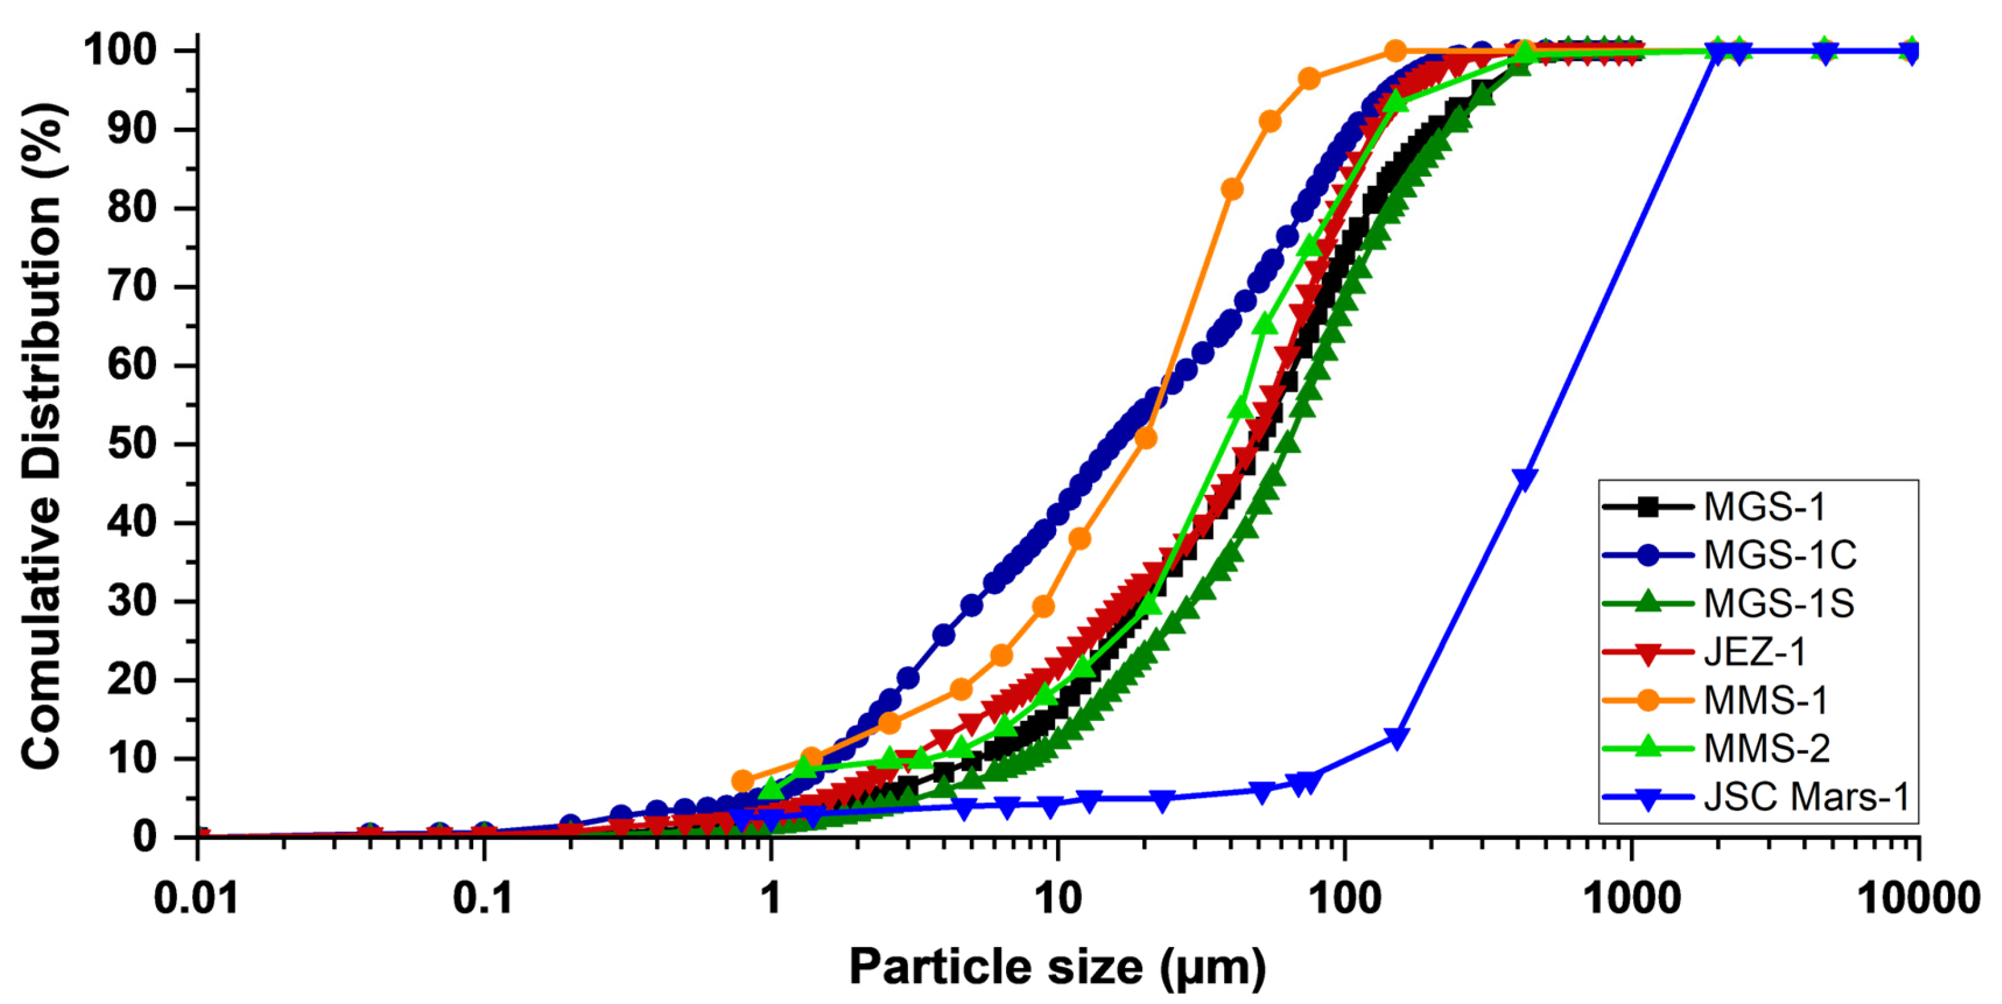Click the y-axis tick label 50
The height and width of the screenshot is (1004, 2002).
132,445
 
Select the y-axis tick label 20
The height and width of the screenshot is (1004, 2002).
132,680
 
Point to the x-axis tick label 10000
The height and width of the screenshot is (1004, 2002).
1918,900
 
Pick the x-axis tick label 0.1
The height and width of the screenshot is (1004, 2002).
483,900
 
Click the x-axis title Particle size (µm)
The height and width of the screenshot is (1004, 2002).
1057,967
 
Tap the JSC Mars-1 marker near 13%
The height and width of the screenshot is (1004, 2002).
1397,736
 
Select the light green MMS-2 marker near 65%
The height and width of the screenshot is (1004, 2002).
1265,324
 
